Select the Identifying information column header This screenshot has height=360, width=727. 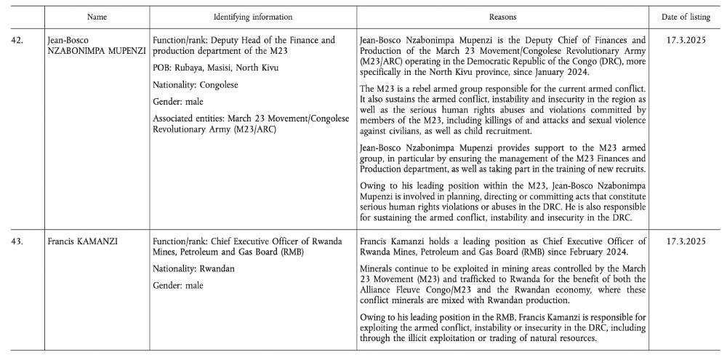[253, 15]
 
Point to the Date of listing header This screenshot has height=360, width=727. [687, 15]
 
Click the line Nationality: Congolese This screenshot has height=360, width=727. [196, 84]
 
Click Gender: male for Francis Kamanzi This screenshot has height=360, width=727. [179, 285]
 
